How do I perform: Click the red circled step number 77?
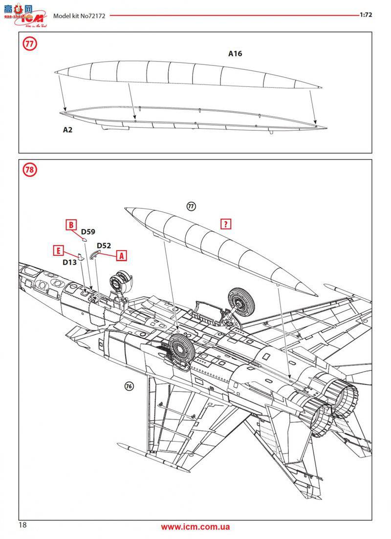click(x=30, y=43)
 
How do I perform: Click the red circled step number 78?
click(x=30, y=170)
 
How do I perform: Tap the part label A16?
click(x=235, y=54)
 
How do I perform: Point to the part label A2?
click(x=67, y=130)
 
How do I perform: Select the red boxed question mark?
click(x=226, y=224)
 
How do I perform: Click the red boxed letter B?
click(x=71, y=225)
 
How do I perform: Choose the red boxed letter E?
click(x=58, y=251)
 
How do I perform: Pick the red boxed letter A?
click(x=121, y=255)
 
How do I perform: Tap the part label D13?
click(x=69, y=262)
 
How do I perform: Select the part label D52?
click(x=104, y=246)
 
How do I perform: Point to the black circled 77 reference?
click(x=191, y=207)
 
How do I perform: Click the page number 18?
click(x=23, y=525)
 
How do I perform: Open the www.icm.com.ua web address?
click(x=195, y=527)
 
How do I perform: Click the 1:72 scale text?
click(x=366, y=15)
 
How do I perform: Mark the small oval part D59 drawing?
click(x=84, y=240)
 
